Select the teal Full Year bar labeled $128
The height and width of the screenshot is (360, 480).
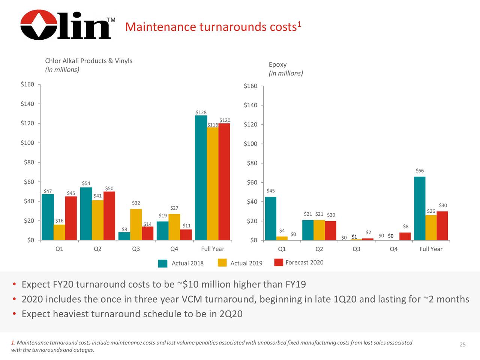[201, 178]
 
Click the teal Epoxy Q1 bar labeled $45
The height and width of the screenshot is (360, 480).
[270, 218]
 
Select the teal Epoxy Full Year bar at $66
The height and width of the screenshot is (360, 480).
[420, 208]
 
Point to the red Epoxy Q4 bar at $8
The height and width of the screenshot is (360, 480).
[405, 236]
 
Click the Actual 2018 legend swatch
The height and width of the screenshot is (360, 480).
[163, 263]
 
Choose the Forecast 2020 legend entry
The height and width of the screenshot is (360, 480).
[304, 262]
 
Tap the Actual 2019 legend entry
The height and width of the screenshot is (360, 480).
[246, 263]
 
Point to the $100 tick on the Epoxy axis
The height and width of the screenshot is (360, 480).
[250, 144]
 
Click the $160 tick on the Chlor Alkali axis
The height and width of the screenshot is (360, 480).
[27, 84]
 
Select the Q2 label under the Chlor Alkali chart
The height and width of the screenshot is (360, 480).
[97, 249]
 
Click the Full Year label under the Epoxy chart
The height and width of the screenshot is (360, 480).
[431, 249]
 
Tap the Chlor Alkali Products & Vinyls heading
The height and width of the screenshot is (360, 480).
[88, 61]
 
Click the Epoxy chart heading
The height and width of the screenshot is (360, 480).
[277, 64]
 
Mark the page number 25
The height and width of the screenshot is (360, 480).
[462, 345]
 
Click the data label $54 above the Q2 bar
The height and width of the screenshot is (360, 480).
[86, 183]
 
